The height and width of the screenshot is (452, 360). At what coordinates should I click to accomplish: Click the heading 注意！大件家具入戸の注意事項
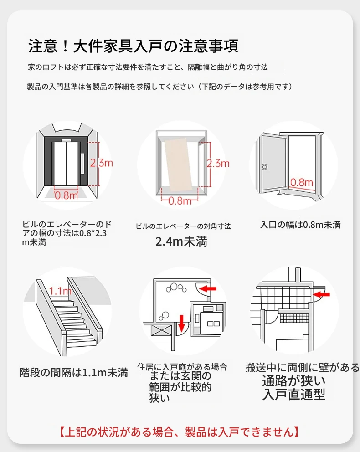tap(133, 46)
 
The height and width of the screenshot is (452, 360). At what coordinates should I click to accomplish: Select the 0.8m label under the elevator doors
tap(67, 195)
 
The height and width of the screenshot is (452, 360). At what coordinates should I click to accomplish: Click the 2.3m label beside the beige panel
tap(218, 163)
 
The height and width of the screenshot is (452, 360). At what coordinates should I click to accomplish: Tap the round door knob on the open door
tap(265, 167)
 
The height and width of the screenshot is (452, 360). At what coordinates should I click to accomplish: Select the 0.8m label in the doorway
tap(302, 183)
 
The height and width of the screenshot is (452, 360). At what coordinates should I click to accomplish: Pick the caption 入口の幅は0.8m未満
tap(300, 225)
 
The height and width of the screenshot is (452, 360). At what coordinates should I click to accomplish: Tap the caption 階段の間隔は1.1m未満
tap(73, 373)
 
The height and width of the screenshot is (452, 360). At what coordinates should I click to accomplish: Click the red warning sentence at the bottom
tap(179, 431)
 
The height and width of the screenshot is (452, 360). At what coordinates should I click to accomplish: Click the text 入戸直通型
tap(294, 395)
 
